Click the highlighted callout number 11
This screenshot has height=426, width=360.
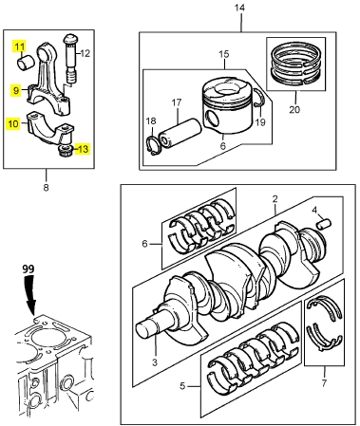coord(19,46)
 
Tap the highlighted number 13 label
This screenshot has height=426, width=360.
coord(83,148)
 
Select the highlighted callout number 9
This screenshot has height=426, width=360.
coord(15,91)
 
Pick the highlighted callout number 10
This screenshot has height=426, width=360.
coord(13,123)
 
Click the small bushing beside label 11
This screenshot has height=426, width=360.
coord(25,63)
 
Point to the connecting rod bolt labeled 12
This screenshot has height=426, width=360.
coord(70,60)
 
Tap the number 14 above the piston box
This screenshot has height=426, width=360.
coord(239,8)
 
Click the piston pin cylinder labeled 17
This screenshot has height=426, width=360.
coord(180,134)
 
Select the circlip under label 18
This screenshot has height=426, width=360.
coord(153,145)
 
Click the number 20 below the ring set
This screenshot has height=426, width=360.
coord(294,109)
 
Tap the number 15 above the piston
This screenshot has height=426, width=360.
coord(224,54)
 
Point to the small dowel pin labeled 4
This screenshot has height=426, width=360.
coord(324,224)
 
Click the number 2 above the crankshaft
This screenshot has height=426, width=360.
coord(275,199)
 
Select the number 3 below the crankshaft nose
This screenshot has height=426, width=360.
coord(155,362)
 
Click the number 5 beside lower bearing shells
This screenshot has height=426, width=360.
coord(182,386)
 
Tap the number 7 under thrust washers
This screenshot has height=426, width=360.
coord(324,383)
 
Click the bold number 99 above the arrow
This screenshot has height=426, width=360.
coord(28,269)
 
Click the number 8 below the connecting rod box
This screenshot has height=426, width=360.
coord(47,188)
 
